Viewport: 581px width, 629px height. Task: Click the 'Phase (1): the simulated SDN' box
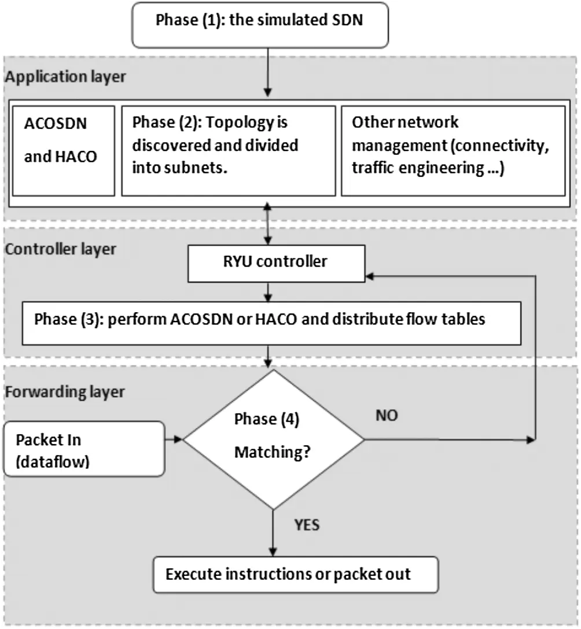tap(260, 23)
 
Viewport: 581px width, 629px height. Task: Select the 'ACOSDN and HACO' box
tap(64, 150)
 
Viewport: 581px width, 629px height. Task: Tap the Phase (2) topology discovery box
tap(228, 150)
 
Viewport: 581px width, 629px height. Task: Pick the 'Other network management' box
tap(453, 150)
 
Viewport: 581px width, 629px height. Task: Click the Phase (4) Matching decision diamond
tap(273, 440)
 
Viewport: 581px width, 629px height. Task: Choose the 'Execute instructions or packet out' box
tap(295, 574)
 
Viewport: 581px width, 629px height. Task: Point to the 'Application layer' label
tap(65, 76)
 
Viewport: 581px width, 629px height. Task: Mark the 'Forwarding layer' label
tap(65, 391)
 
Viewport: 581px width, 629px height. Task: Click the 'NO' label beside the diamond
tap(387, 416)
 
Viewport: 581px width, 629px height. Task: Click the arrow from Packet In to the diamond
tap(174, 440)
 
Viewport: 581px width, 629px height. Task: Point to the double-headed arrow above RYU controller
tap(268, 226)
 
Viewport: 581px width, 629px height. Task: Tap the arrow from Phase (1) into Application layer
tap(268, 72)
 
